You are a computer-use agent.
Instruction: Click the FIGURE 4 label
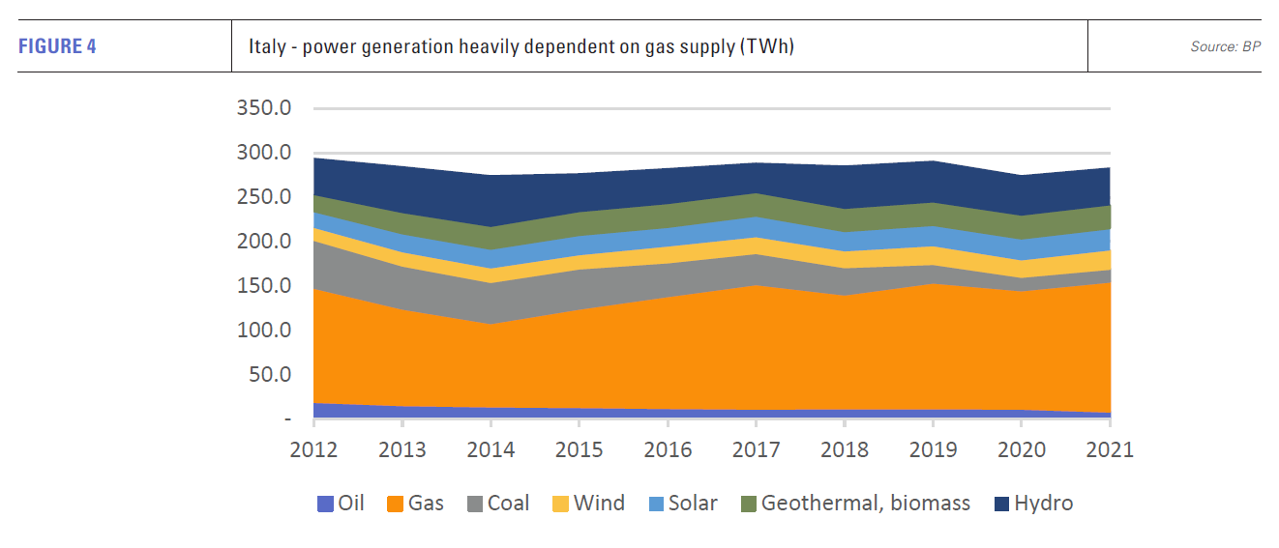pos(57,46)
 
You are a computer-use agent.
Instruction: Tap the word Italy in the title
pos(265,46)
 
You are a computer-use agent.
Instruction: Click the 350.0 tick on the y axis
pos(264,108)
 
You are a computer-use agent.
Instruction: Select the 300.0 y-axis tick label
pos(264,153)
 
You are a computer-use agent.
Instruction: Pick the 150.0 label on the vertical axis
pos(264,286)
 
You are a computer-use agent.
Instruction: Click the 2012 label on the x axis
pos(313,450)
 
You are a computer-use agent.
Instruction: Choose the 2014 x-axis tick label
pos(491,450)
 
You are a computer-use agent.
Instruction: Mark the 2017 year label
pos(756,450)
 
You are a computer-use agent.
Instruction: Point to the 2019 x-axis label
pos(933,450)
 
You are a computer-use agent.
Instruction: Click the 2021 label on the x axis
pos(1109,450)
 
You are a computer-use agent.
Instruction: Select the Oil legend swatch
pos(324,504)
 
